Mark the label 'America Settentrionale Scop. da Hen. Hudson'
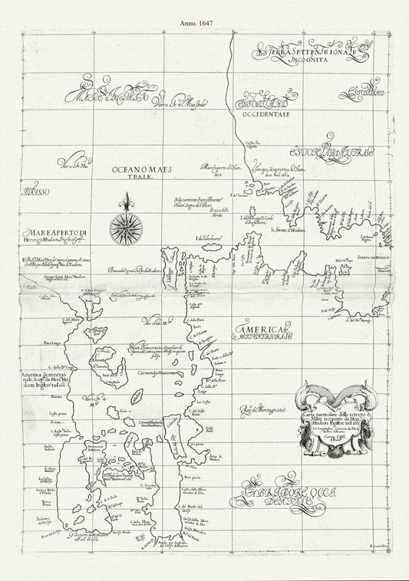tap(45, 357)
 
